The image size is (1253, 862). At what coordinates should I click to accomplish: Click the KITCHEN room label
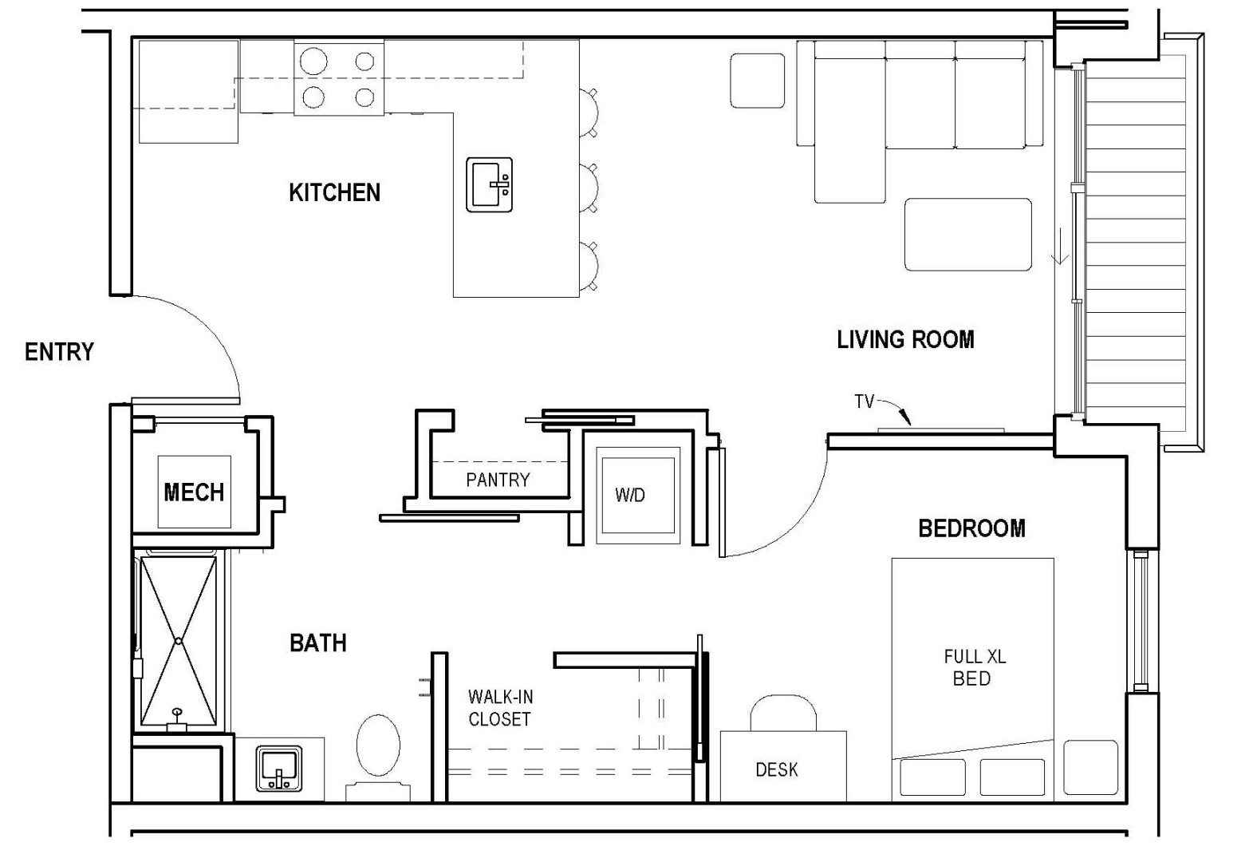[334, 192]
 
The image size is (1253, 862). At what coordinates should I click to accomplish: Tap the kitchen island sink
[489, 185]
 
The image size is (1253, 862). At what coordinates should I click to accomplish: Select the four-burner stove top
[339, 78]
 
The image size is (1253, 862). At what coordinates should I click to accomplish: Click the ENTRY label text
[59, 352]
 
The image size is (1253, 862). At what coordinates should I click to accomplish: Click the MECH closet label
[194, 492]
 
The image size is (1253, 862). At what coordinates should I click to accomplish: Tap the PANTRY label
[498, 480]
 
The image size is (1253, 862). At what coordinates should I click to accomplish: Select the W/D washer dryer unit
[630, 495]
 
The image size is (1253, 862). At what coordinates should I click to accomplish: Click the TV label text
[865, 401]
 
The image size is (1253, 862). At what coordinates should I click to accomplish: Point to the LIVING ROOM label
[905, 339]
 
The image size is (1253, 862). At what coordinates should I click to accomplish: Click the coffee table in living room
[967, 235]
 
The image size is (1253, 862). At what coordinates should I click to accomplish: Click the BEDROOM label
[971, 528]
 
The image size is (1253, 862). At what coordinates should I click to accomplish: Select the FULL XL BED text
[974, 668]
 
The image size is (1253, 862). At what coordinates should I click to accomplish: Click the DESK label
[776, 769]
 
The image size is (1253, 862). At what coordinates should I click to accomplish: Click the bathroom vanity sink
[278, 769]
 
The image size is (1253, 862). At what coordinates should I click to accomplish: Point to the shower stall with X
[179, 641]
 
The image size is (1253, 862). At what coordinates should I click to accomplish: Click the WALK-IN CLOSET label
[499, 708]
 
